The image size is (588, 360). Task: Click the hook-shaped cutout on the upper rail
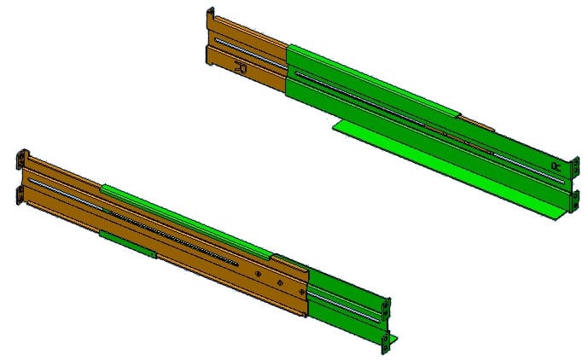click(241, 66)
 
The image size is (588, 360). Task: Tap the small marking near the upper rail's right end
click(556, 163)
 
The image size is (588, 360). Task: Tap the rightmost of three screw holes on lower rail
click(299, 292)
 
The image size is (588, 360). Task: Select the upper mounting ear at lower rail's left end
click(22, 160)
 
